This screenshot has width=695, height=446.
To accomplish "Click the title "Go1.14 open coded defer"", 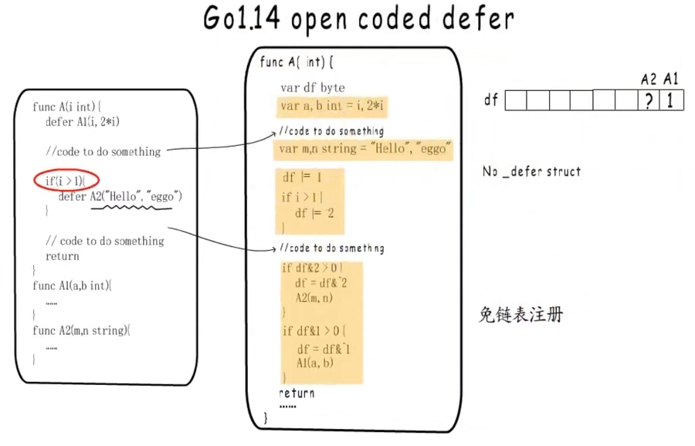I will point(358,19).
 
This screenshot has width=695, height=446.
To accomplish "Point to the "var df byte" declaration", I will point(313,88).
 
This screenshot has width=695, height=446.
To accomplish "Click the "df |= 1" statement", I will point(302,177).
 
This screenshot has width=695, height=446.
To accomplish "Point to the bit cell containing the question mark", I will point(650,100).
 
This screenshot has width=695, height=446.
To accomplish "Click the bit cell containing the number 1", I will point(671,100).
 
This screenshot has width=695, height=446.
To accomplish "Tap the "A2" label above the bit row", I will point(649,79).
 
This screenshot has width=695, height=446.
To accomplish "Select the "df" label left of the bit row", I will point(490,100).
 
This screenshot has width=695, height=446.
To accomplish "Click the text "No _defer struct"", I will point(531,171).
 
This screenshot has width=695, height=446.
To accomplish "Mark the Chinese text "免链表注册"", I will point(520,315).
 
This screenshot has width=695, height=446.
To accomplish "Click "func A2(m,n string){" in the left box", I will point(80,330).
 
